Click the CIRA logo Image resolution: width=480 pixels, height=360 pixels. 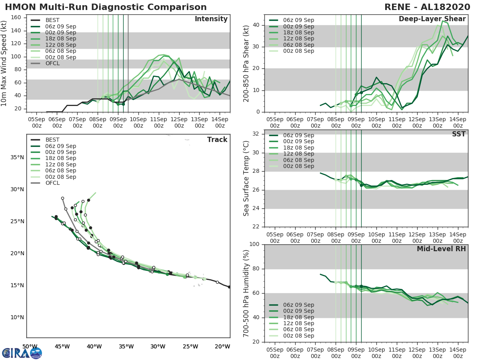coord(22,353)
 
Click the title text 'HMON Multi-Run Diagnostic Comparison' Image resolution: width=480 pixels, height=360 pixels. coord(106,7)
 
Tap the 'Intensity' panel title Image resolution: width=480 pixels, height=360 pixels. coord(211,19)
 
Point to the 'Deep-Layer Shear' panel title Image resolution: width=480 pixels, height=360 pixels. coord(432,19)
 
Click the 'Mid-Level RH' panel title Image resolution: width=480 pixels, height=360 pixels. coord(441,249)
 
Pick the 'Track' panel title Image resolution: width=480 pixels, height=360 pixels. coord(217,140)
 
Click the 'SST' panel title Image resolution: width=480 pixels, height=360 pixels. coord(458,134)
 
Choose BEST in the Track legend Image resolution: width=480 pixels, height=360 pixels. coord(52,140)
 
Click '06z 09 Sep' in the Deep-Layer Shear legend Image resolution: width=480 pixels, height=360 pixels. coord(298,20)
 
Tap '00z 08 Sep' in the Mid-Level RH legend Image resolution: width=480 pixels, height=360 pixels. coord(298,336)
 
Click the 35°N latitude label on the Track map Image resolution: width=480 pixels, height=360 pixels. coord(17,157)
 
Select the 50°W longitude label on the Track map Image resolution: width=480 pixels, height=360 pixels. coord(30,346)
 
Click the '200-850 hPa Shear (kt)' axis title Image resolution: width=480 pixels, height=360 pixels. coord(246,63)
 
